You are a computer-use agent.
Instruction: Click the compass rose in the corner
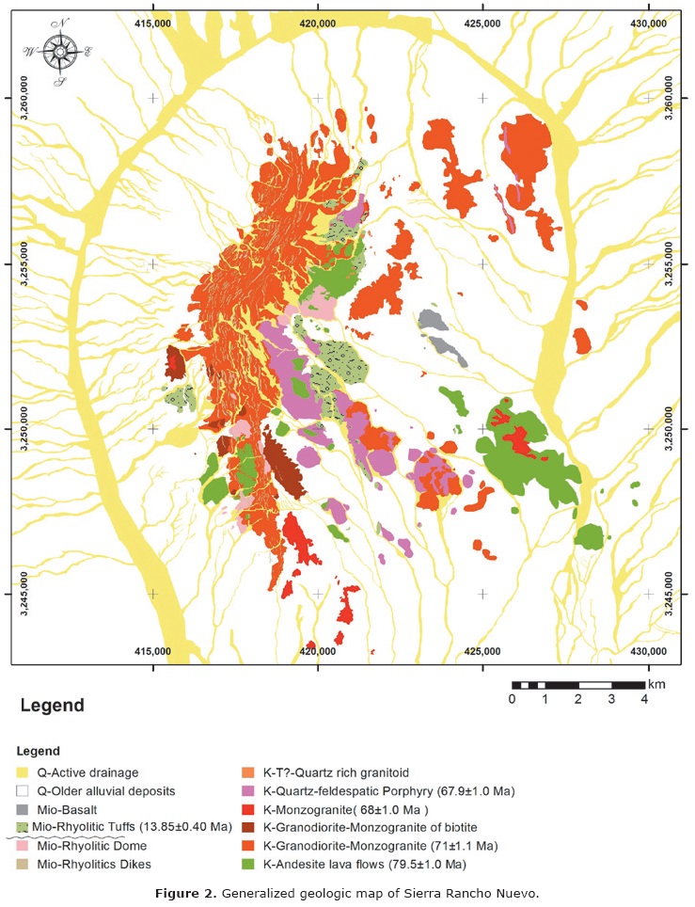point(60,53)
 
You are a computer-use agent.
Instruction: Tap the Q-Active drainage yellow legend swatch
point(23,773)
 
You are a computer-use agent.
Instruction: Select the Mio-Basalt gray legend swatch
point(23,809)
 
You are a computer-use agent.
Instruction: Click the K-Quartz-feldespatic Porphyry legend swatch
point(249,791)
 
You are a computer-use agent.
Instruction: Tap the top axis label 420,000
point(318,22)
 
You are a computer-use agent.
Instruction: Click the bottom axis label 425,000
point(482,651)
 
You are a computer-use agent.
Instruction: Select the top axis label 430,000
point(647,22)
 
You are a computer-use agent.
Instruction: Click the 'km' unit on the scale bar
point(657,684)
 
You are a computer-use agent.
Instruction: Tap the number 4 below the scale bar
point(645,699)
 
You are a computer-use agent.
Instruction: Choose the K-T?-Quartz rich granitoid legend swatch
point(249,773)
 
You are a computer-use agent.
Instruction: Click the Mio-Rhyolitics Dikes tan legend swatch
point(23,864)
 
